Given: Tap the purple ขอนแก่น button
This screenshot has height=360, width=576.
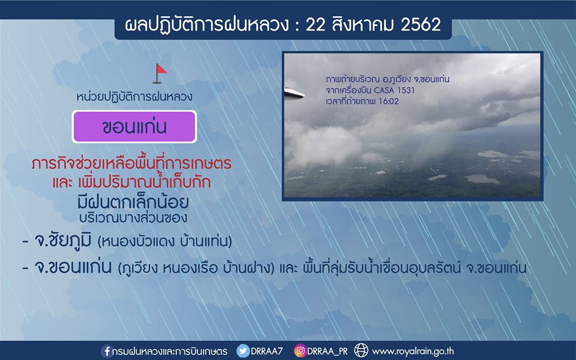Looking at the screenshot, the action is pyautogui.click(x=134, y=127).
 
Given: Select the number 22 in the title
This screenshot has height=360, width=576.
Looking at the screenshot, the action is pyautogui.click(x=316, y=25).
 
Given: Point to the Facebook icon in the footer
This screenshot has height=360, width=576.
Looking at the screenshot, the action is pyautogui.click(x=107, y=351).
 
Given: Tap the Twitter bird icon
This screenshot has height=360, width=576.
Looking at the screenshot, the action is pyautogui.click(x=243, y=351).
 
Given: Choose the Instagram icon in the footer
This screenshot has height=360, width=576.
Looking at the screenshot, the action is pyautogui.click(x=300, y=351).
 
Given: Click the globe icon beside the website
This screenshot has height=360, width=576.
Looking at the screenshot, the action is pyautogui.click(x=361, y=350).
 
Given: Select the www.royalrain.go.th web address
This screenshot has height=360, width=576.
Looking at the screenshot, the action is pyautogui.click(x=413, y=352).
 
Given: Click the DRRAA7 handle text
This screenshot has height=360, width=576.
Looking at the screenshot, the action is pyautogui.click(x=266, y=351).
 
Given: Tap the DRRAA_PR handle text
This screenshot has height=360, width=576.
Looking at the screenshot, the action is pyautogui.click(x=328, y=352).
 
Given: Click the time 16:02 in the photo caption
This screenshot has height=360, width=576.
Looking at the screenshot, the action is pyautogui.click(x=389, y=101).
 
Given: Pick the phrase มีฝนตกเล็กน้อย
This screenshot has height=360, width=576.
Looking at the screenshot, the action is pyautogui.click(x=133, y=202).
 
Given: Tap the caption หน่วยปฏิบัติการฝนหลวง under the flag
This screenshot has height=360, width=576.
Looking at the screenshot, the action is pyautogui.click(x=134, y=97).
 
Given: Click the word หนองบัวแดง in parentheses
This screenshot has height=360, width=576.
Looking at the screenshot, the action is pyautogui.click(x=138, y=242).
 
